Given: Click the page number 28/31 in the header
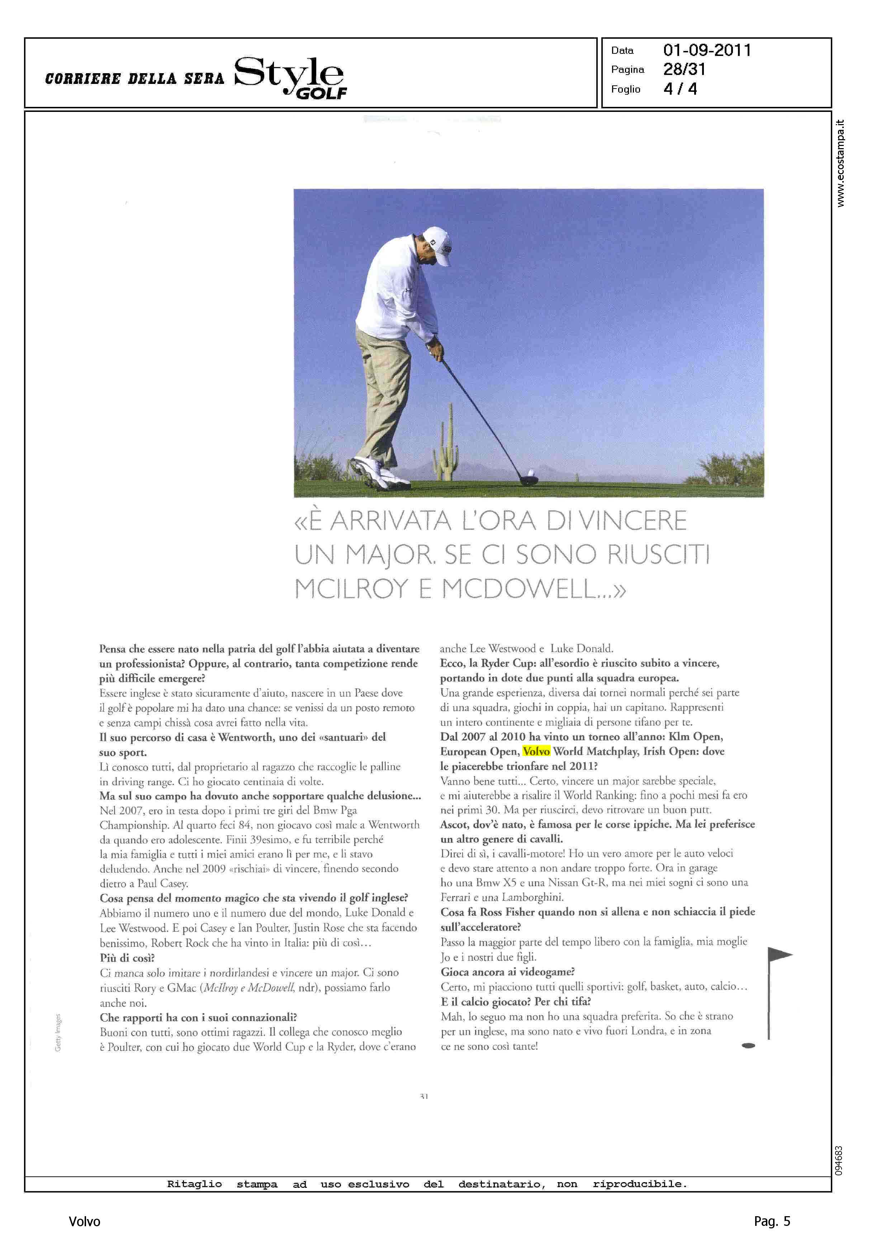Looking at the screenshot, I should (684, 70).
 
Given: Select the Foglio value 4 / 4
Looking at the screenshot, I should (680, 89).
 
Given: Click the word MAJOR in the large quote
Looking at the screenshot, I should (390, 555).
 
